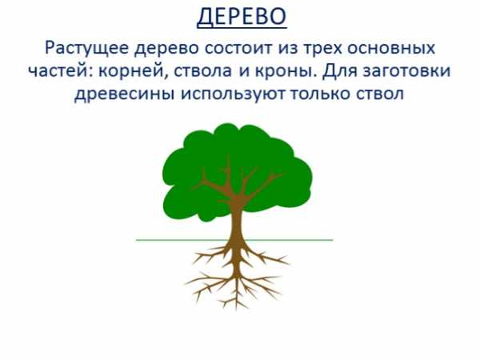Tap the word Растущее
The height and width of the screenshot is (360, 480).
pyautogui.click(x=86, y=48)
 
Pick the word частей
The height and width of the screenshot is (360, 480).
pyautogui.click(x=60, y=71)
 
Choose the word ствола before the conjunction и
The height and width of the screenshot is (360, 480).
pyautogui.click(x=202, y=71)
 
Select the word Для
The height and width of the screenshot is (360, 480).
pyautogui.click(x=339, y=71)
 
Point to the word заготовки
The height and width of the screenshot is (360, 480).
pyautogui.click(x=406, y=71)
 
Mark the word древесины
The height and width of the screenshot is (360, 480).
pyautogui.click(x=125, y=94)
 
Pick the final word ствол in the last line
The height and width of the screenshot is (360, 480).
pyautogui.click(x=380, y=94)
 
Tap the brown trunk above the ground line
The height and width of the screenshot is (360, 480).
pyautogui.click(x=236, y=221)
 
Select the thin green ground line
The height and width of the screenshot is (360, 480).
pyautogui.click(x=234, y=240)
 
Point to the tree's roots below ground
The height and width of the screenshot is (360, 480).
pyautogui.click(x=236, y=273)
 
